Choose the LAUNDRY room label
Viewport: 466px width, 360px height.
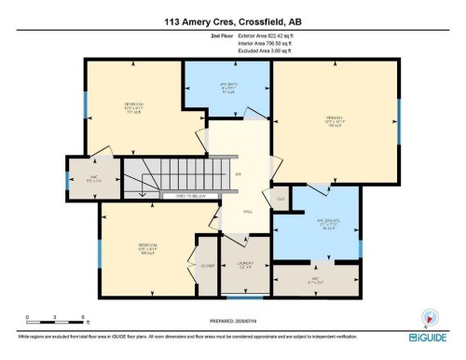click(x=244, y=264)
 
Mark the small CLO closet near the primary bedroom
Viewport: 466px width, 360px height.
click(x=280, y=198)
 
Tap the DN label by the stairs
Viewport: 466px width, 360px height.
click(x=238, y=174)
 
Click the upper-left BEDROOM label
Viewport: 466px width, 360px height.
click(x=133, y=105)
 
